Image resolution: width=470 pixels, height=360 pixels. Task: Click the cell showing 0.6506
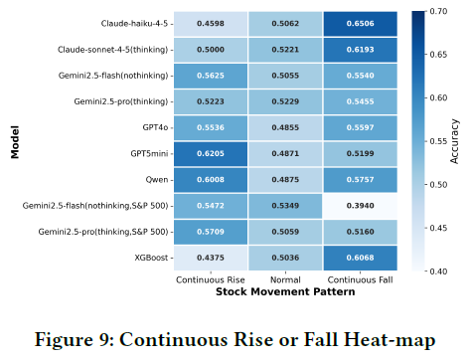point(361,24)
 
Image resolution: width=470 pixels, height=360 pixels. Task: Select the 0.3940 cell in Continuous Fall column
point(361,206)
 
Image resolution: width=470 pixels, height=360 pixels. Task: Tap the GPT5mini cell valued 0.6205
point(211,154)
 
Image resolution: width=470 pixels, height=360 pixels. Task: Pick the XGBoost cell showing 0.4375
point(211,258)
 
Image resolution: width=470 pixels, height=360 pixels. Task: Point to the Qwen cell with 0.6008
point(211,180)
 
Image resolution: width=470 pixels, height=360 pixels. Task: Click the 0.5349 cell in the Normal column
point(285,206)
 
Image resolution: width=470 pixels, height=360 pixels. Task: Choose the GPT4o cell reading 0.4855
point(285,127)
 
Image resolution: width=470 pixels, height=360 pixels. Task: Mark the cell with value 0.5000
point(211,50)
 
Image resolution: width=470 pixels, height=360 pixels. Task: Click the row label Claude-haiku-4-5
point(134,24)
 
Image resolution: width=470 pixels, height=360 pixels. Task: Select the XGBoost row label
point(151,258)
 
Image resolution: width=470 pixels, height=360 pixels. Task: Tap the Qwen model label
point(157,180)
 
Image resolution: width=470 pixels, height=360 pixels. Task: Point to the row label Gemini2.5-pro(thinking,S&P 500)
point(103,232)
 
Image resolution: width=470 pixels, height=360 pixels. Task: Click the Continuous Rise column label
point(211,280)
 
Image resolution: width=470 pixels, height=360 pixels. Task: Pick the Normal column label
point(285,280)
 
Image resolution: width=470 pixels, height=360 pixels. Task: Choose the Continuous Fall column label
point(361,280)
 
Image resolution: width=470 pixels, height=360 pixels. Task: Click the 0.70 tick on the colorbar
point(438,11)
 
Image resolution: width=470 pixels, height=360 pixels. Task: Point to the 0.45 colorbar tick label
point(438,228)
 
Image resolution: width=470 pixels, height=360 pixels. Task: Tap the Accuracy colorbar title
point(454,141)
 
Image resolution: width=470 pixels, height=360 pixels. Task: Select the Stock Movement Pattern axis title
point(285,291)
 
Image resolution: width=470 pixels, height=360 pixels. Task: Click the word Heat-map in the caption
point(390,340)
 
